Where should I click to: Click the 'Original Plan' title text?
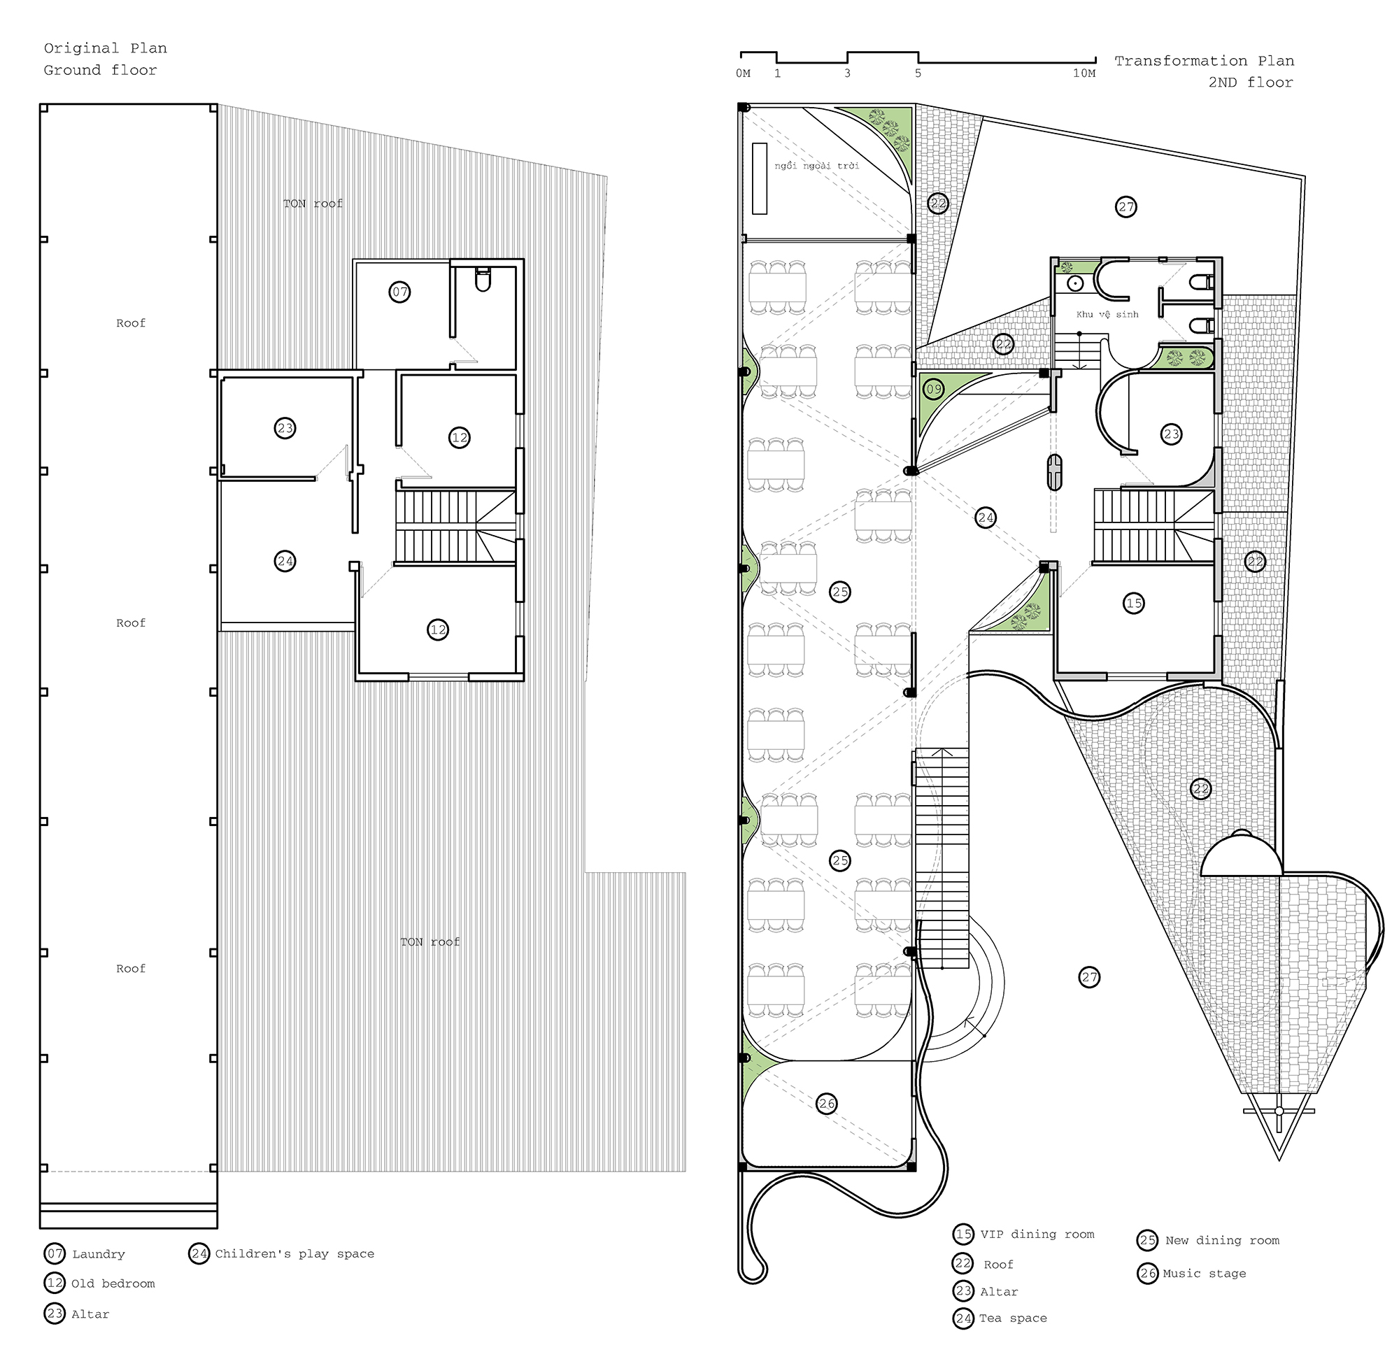click(x=106, y=48)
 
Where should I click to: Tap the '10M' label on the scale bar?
click(x=1084, y=73)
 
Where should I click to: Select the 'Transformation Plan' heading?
click(x=1204, y=62)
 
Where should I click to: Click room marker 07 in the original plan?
click(x=399, y=292)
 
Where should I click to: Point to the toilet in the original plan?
click(x=483, y=280)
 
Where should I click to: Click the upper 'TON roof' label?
click(x=313, y=204)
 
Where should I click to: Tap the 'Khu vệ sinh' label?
click(x=1107, y=314)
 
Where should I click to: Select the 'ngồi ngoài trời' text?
click(x=816, y=166)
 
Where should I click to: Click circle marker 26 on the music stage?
click(x=827, y=1104)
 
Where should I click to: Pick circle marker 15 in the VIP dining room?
click(x=1133, y=603)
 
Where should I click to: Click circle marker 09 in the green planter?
click(x=934, y=389)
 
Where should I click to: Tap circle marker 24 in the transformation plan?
click(x=986, y=518)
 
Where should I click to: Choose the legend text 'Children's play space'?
click(x=294, y=1253)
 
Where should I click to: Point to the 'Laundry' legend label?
click(x=99, y=1254)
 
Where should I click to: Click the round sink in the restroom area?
click(x=1076, y=284)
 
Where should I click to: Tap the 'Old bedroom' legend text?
click(x=113, y=1283)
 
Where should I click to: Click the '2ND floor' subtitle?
click(x=1251, y=83)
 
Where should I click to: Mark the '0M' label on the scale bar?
click(x=743, y=73)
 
